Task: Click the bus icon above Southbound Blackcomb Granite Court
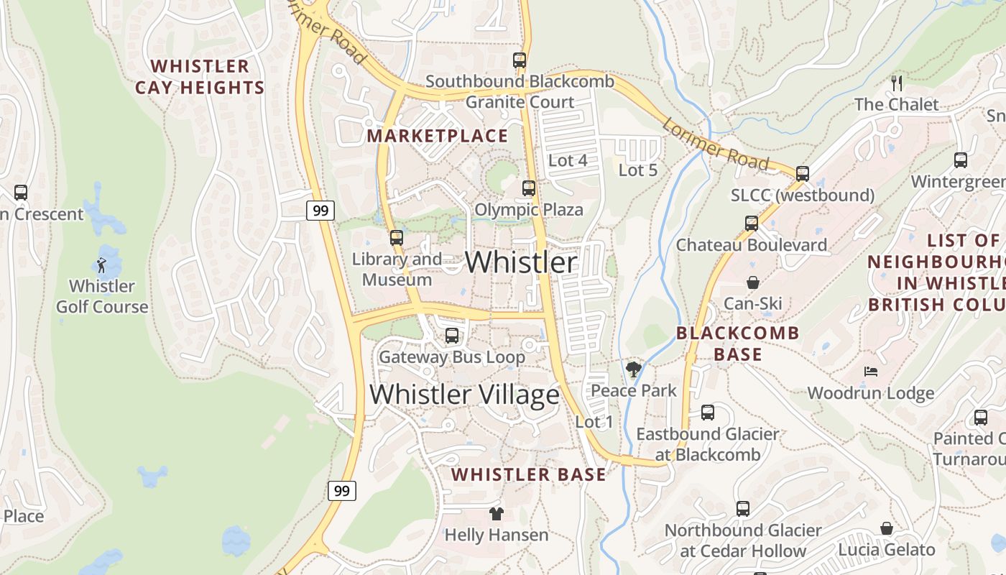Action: tap(520, 60)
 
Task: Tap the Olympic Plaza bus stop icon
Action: tap(529, 188)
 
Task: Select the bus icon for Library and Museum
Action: tap(397, 238)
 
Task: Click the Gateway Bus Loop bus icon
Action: tap(452, 336)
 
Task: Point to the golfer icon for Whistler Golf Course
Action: tap(101, 265)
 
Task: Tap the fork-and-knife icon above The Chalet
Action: tap(896, 83)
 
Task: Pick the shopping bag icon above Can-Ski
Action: tap(752, 282)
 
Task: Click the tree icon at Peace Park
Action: tap(633, 369)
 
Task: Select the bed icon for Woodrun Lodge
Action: tap(871, 372)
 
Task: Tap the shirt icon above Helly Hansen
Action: tap(496, 514)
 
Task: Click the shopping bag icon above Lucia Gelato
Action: tap(887, 528)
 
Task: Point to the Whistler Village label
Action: tap(464, 395)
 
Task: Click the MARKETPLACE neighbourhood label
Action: tap(438, 136)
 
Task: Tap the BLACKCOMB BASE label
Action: tap(737, 344)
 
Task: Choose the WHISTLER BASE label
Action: tap(528, 474)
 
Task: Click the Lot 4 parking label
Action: tap(568, 160)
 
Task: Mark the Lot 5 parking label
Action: tap(638, 170)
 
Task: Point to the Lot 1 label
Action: tap(594, 422)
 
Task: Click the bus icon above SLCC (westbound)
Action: tap(803, 173)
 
